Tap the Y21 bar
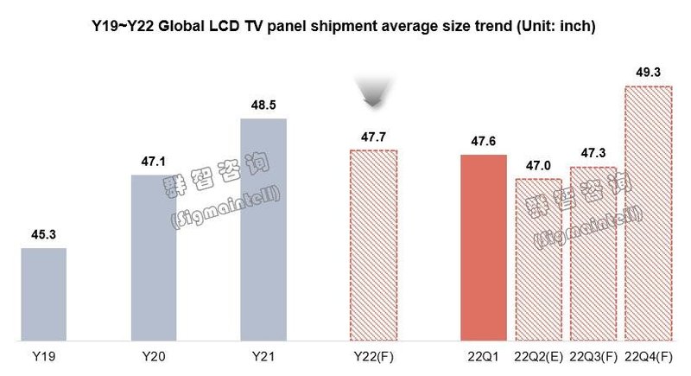click(263, 229)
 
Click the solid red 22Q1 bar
click(484, 247)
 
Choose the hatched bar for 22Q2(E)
click(538, 259)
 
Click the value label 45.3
click(43, 233)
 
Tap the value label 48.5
click(263, 104)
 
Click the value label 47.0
click(538, 165)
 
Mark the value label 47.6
click(484, 140)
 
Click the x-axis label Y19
click(43, 357)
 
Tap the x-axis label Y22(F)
click(373, 357)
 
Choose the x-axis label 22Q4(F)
click(648, 357)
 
